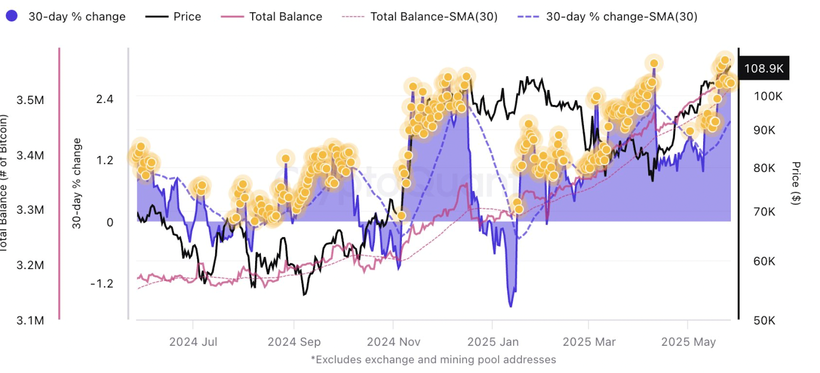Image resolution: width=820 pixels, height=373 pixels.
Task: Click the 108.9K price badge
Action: [764, 68]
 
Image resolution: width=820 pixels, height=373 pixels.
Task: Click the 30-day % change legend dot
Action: [12, 16]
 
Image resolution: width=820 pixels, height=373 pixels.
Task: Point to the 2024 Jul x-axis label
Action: [193, 342]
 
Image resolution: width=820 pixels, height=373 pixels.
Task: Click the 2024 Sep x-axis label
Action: [294, 342]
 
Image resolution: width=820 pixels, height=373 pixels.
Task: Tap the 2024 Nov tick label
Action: [393, 342]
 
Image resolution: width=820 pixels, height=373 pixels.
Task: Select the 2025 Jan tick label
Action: [493, 342]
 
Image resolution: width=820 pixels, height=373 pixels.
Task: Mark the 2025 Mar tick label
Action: [589, 342]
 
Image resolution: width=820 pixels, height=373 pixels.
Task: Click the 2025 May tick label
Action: [688, 342]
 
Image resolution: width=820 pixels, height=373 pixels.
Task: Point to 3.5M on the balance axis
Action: [30, 100]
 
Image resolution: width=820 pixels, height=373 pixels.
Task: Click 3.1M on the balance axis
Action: [30, 320]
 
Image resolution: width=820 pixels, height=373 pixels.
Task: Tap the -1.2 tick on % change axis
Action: [101, 283]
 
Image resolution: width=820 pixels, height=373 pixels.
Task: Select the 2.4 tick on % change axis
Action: [105, 99]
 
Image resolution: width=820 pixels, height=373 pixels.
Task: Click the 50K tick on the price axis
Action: [764, 320]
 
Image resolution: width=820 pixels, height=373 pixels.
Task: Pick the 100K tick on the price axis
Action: [768, 96]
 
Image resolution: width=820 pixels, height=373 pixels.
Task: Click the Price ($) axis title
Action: [795, 183]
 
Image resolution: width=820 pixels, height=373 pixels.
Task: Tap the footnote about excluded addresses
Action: [433, 360]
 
